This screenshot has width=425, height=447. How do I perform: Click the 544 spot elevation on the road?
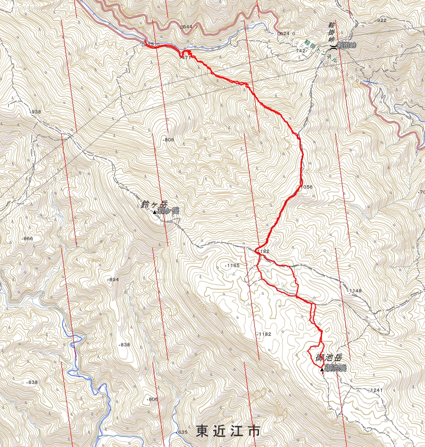tap(188, 27)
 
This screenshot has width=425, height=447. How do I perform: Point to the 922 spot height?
tap(381, 20)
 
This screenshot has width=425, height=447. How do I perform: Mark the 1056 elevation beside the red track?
tap(306, 187)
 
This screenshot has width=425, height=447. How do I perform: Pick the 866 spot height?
tap(28, 239)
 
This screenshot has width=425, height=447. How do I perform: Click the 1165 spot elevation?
tap(233, 266)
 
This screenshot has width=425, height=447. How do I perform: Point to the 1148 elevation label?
tap(355, 291)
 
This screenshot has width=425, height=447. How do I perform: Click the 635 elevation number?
tap(182, 432)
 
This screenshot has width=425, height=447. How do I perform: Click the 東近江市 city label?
tap(228, 430)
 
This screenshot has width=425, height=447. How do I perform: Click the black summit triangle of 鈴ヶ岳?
tap(155, 212)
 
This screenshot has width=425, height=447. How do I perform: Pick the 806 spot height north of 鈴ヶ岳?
tap(169, 140)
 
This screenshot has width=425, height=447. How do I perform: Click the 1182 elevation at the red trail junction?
tap(263, 251)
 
